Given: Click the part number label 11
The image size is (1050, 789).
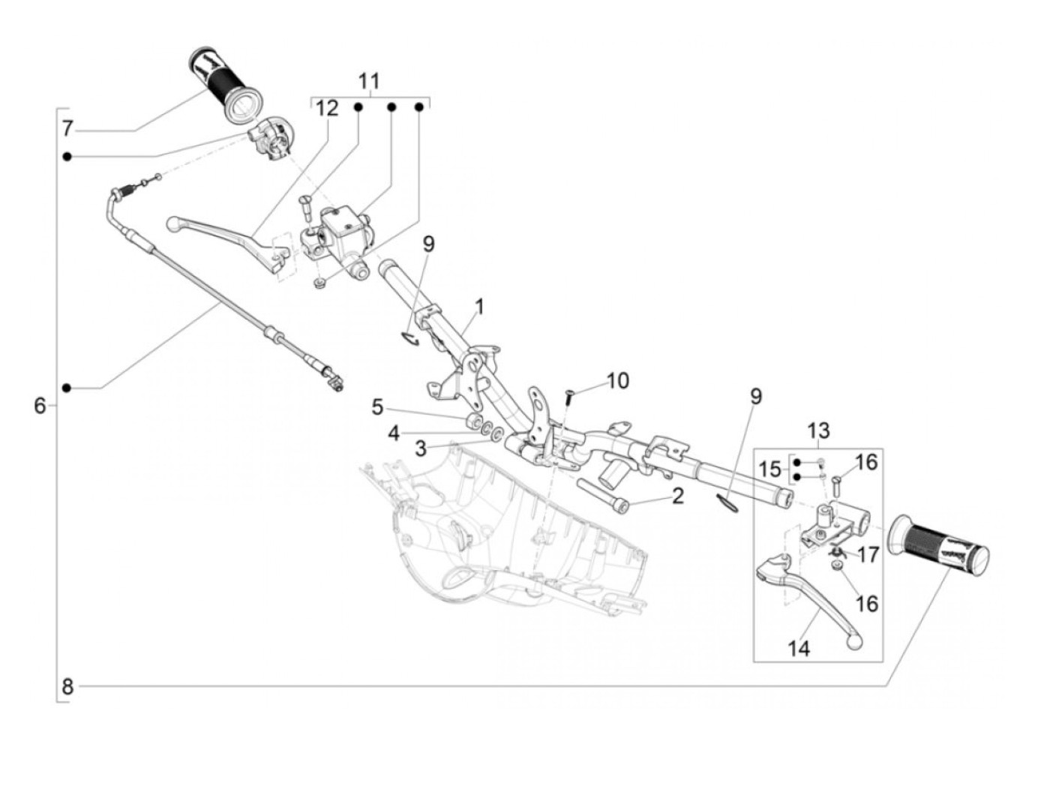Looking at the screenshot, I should pyautogui.click(x=369, y=81).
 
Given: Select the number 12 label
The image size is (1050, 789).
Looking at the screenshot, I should pyautogui.click(x=327, y=108).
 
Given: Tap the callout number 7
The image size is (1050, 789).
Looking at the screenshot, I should pyautogui.click(x=67, y=129).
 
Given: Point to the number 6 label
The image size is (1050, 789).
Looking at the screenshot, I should pyautogui.click(x=40, y=406).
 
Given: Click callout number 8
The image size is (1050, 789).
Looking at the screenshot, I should pyautogui.click(x=67, y=685).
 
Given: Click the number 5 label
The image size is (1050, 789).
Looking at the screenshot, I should pyautogui.click(x=377, y=407).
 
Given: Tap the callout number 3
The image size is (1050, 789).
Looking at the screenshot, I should pyautogui.click(x=421, y=449).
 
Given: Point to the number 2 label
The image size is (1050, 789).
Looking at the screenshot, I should pyautogui.click(x=677, y=496).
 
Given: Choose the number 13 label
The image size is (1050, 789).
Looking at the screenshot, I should pyautogui.click(x=818, y=431).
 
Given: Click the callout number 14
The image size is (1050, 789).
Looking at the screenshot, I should pyautogui.click(x=799, y=648).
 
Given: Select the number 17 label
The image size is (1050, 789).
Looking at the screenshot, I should pyautogui.click(x=868, y=556).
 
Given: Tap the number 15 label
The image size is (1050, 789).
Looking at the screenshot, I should pyautogui.click(x=769, y=470).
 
